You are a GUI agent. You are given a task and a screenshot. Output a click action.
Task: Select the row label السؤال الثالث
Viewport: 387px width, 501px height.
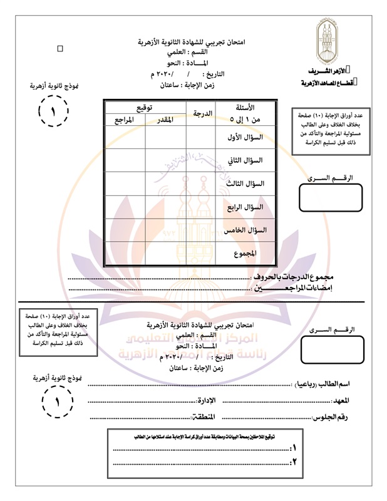coord(246,183)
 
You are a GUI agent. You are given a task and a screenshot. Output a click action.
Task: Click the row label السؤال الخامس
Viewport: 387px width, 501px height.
coord(245,230)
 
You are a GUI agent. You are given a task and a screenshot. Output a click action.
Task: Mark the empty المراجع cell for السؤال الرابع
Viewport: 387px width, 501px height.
coord(125,207)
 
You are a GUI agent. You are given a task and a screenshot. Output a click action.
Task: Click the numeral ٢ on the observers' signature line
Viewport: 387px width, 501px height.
coord(294,462)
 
